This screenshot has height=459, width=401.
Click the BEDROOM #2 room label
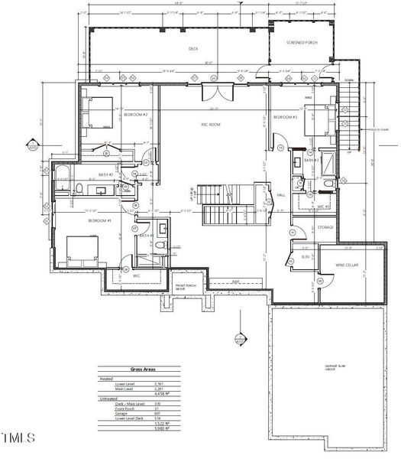(137, 115)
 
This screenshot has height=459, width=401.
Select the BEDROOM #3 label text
(286, 118)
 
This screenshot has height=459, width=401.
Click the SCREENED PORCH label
(302, 43)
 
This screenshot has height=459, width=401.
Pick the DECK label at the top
(193, 48)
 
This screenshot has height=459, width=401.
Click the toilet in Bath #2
(79, 187)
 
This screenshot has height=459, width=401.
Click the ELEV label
(306, 257)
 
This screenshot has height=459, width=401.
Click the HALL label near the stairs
(280, 195)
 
